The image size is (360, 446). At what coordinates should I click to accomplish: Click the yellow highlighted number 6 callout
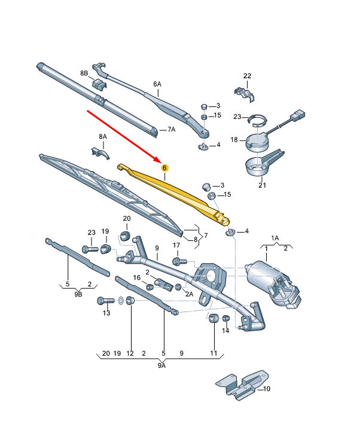click(164, 169)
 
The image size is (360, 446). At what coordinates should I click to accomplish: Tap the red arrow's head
click(160, 161)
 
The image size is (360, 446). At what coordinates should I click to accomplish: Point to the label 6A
click(157, 84)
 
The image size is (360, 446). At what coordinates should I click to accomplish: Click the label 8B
click(84, 73)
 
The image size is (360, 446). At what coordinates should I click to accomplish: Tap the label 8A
click(102, 137)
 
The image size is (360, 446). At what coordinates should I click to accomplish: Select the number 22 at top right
click(248, 75)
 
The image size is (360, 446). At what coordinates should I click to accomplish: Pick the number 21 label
click(261, 185)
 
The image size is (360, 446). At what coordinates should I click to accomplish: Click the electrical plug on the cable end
click(299, 115)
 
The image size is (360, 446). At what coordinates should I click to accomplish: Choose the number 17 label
click(176, 245)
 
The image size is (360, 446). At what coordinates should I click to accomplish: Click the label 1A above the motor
click(274, 237)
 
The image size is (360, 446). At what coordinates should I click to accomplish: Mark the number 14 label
click(225, 330)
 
